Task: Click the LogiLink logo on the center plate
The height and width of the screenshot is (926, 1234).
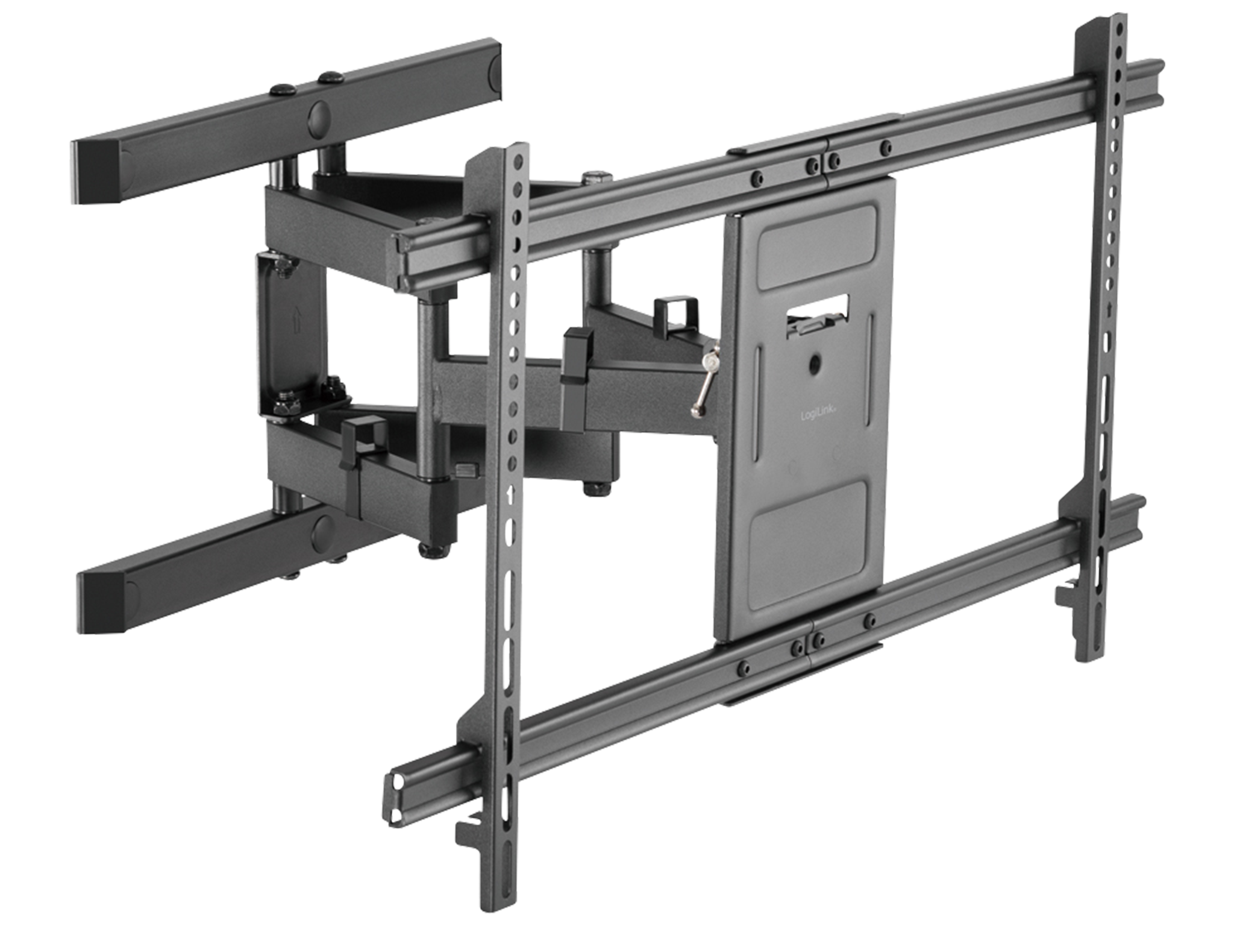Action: (815, 415)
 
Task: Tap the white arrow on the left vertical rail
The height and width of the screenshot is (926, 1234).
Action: (512, 494)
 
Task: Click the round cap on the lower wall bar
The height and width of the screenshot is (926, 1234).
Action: (322, 529)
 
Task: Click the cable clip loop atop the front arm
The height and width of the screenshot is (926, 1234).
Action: (675, 313)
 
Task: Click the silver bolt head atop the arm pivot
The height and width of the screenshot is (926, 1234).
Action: (596, 177)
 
